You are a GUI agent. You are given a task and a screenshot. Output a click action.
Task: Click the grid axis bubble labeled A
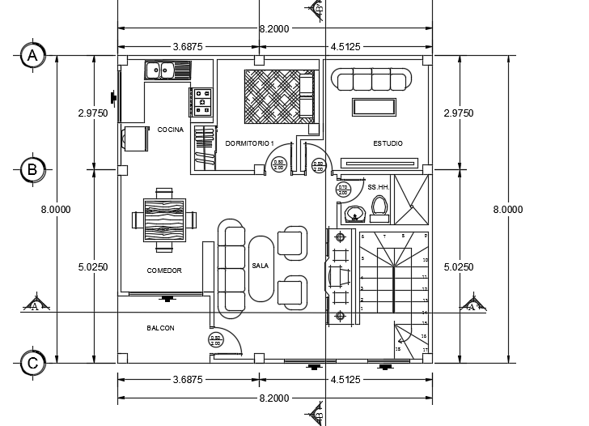click(x=32, y=55)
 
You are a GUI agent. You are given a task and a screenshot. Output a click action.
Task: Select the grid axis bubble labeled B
click(x=32, y=169)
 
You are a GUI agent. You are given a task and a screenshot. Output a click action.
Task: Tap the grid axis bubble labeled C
click(x=32, y=363)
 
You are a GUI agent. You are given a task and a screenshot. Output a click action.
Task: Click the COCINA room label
click(x=170, y=130)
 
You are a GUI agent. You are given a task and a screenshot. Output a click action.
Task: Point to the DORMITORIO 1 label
click(x=250, y=143)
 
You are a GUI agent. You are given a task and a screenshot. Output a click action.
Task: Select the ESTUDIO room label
click(x=388, y=143)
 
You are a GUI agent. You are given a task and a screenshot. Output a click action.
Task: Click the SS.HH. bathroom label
click(x=378, y=187)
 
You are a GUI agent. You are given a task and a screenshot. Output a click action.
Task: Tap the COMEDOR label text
click(x=164, y=271)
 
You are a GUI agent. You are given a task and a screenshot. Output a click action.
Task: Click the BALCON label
click(x=160, y=328)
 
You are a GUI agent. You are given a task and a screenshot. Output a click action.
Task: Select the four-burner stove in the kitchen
click(x=201, y=101)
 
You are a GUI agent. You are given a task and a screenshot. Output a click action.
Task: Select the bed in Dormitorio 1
click(x=279, y=96)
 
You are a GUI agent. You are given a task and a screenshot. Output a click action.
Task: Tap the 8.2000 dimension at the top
click(x=274, y=28)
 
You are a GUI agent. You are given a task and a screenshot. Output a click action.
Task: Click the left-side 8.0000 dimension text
click(x=56, y=209)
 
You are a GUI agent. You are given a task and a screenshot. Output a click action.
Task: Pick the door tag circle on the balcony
click(x=215, y=340)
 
